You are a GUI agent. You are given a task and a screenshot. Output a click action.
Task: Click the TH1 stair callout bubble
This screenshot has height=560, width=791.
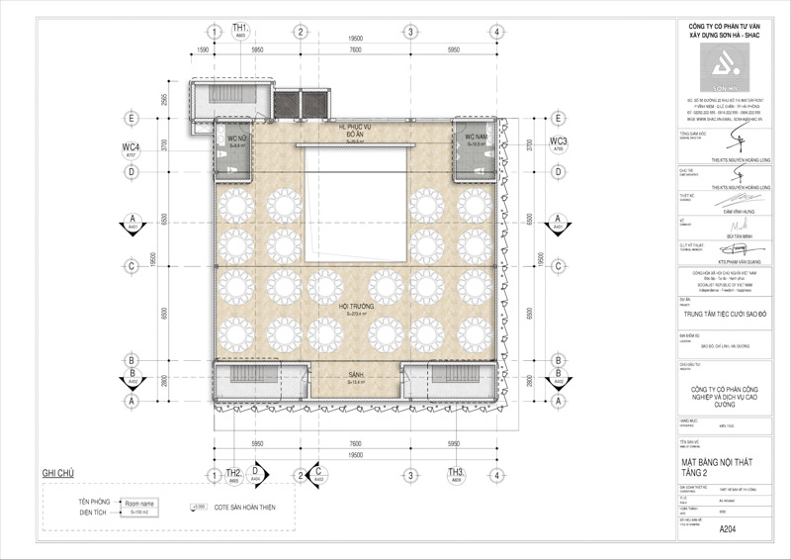pos(239,30)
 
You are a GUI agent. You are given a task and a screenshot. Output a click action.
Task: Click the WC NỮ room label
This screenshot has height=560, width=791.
pos(236,140)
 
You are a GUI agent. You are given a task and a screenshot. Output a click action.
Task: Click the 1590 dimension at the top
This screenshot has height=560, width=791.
pos(203,47)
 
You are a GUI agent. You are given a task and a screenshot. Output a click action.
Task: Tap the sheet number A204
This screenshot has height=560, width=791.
pos(728,529)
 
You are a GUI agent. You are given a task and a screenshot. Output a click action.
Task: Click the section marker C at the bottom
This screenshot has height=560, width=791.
pos(319,474)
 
